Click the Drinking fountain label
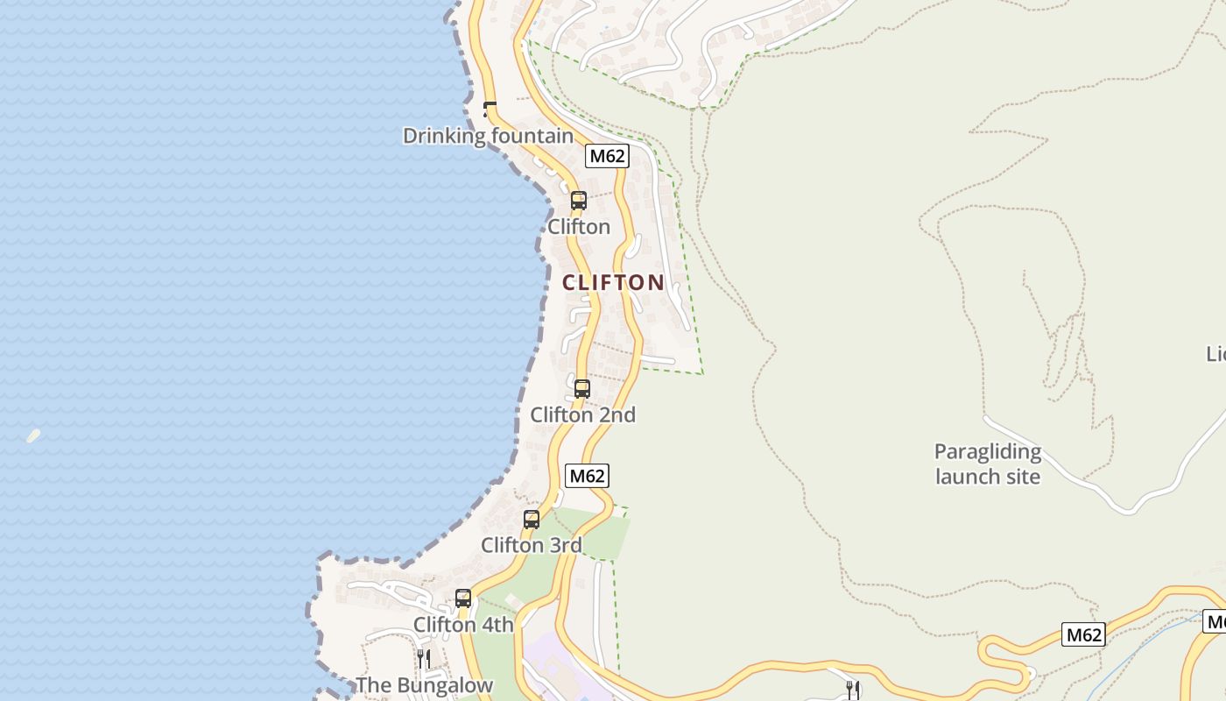[x=488, y=136]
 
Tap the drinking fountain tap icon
[x=490, y=109]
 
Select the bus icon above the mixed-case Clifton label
[x=578, y=200]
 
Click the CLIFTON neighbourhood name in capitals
[x=613, y=282]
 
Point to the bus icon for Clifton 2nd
[x=581, y=388]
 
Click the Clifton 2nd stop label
[x=582, y=414]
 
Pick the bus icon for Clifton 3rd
[x=531, y=519]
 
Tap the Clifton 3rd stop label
[x=531, y=545]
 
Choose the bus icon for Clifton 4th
[x=462, y=598]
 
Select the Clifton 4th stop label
[x=463, y=625]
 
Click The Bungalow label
[x=424, y=685]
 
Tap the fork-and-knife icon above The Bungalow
[x=423, y=657]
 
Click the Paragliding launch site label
[x=988, y=464]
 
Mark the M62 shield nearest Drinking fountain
[x=607, y=156]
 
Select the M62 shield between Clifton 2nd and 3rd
[x=586, y=476]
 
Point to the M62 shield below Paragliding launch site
[x=1082, y=634]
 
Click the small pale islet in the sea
[x=33, y=435]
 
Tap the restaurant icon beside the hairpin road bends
[x=853, y=689]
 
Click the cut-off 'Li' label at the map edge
[x=1216, y=353]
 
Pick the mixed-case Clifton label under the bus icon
[x=578, y=227]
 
